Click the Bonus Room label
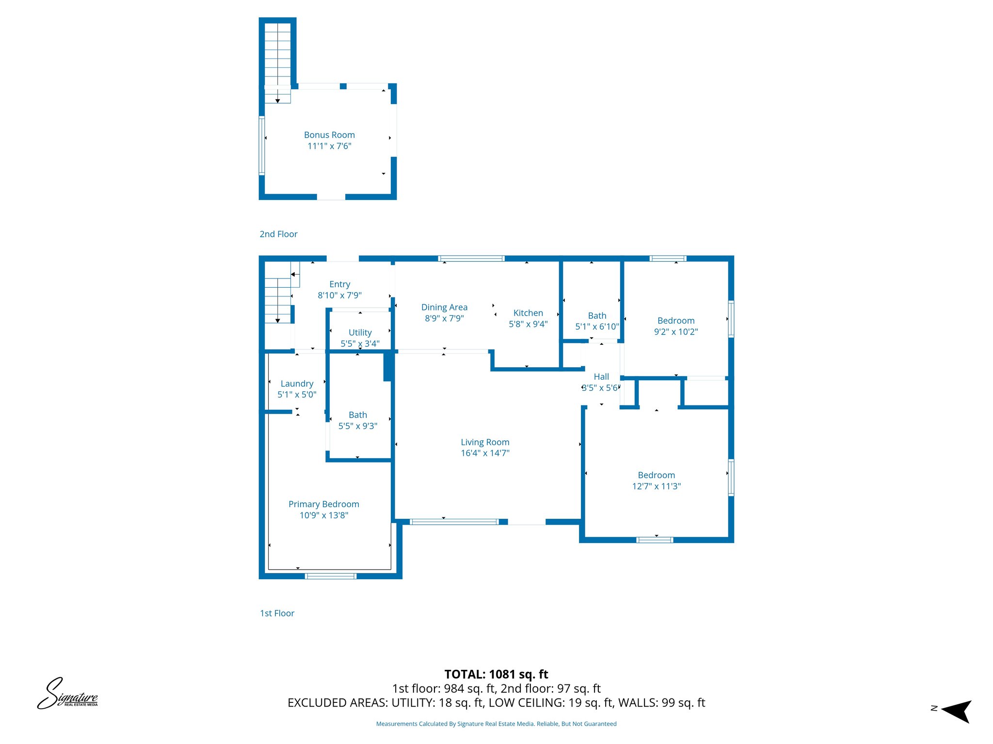(x=329, y=135)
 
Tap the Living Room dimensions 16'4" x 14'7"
(x=485, y=453)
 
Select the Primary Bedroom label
(x=324, y=504)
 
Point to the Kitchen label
(x=528, y=313)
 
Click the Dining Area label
(x=444, y=308)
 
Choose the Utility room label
(x=360, y=333)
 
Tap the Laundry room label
(x=297, y=384)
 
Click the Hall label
(x=601, y=377)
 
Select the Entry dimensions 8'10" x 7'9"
(x=339, y=295)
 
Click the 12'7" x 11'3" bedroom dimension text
(x=657, y=486)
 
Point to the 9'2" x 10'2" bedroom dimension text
(x=676, y=332)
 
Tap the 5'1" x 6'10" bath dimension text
(x=597, y=327)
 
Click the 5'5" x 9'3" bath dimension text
(x=358, y=426)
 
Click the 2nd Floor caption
(x=278, y=234)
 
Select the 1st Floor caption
(x=277, y=614)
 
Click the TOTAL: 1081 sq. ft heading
(x=496, y=674)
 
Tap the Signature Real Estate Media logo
(x=67, y=694)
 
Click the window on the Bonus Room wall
(x=262, y=145)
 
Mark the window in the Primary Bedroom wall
(x=331, y=576)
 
